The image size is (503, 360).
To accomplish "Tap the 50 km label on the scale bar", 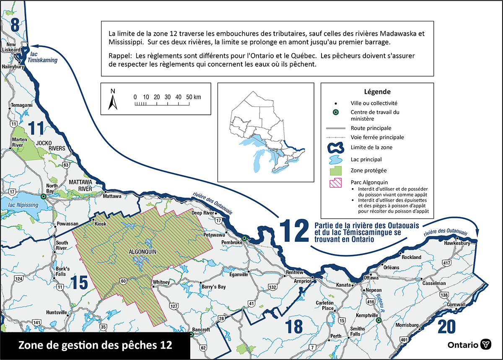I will [193, 97].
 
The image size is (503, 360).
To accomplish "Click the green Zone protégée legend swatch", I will [335, 171].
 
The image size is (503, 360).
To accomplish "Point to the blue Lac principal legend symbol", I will [335, 159].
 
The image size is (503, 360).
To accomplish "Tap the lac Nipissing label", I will [21, 205].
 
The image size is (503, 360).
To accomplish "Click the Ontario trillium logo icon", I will [486, 344].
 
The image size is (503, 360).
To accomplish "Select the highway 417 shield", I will [459, 263].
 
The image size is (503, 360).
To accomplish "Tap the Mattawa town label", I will [112, 196].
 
